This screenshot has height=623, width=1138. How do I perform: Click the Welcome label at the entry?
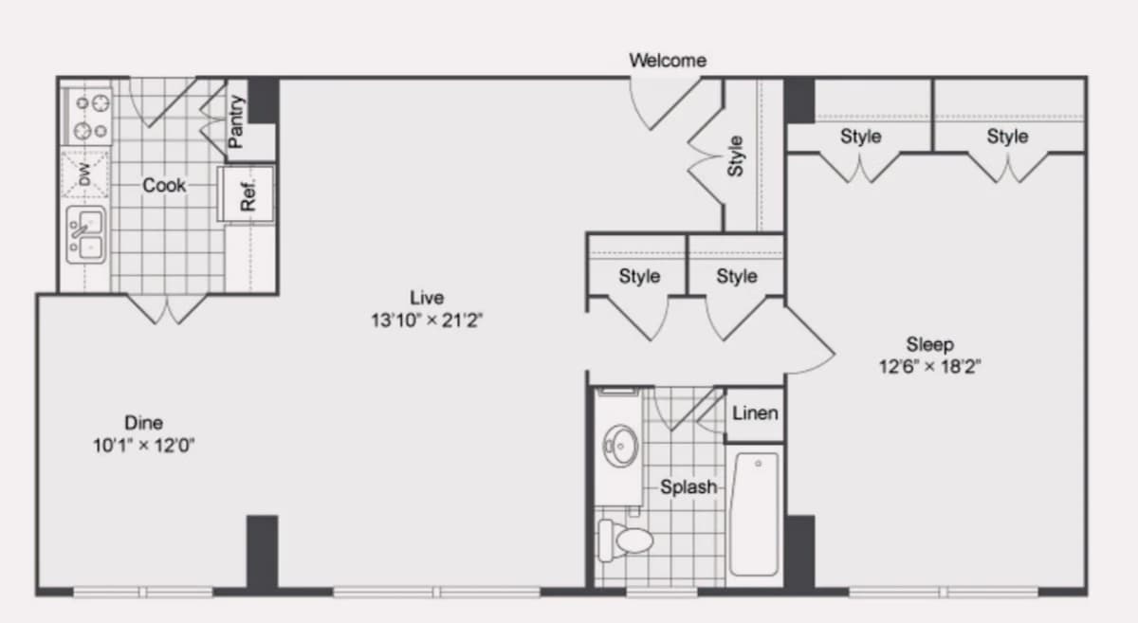668,61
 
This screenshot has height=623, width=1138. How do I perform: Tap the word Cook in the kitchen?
164,186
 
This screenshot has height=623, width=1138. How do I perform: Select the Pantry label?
236,122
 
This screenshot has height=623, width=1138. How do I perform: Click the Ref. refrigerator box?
246,193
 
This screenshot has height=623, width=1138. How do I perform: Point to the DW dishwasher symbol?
84,174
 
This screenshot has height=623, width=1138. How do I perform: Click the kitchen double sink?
86,235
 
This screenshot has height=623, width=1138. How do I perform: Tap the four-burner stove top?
86,117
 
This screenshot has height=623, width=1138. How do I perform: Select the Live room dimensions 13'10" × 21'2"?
426,321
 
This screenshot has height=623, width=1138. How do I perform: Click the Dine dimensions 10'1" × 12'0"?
144,446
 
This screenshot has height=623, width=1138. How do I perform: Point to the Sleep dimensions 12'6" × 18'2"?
929,366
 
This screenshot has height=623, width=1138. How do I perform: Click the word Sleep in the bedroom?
930,344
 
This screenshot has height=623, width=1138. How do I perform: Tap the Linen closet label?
755,413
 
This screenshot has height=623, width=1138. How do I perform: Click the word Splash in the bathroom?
688,486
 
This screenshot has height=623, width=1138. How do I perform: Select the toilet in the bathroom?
625,541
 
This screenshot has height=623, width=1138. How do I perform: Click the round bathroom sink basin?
621,446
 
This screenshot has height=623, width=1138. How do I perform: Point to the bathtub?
755,514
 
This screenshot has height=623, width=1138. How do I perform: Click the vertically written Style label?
735,156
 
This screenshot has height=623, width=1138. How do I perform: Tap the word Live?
427,298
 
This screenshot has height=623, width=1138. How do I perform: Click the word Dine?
144,423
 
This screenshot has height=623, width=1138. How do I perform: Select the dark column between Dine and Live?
262,553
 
